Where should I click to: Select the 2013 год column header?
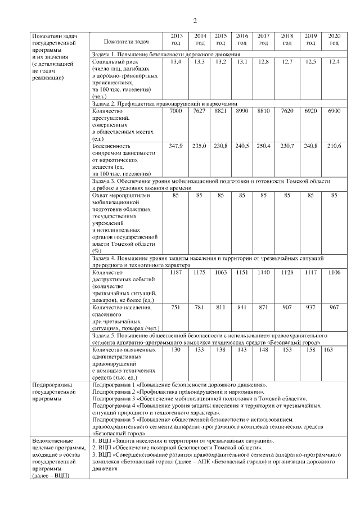(x=175, y=39)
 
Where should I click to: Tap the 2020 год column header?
(x=334, y=39)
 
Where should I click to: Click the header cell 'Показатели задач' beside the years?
(x=126, y=42)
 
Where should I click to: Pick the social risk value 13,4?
(x=175, y=61)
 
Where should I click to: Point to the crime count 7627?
(x=199, y=111)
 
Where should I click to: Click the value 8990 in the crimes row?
(x=242, y=111)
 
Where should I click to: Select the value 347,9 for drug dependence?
(x=175, y=146)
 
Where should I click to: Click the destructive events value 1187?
(x=175, y=272)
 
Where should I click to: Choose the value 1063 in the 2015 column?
(x=220, y=272)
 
